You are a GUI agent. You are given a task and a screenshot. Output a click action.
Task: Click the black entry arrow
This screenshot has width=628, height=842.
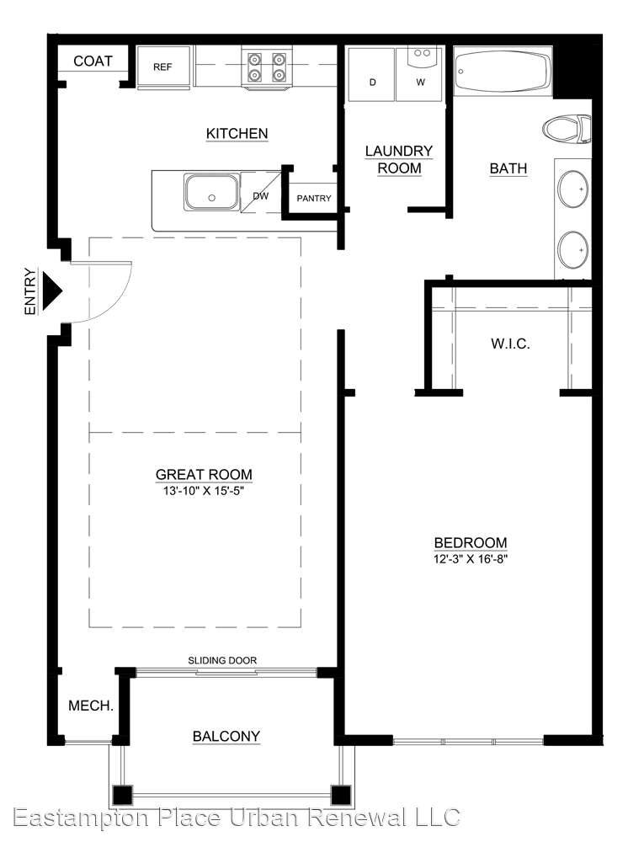(52, 291)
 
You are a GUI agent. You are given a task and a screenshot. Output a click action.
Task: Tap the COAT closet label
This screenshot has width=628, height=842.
(93, 61)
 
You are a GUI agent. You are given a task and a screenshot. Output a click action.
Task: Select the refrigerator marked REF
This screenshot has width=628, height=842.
(163, 66)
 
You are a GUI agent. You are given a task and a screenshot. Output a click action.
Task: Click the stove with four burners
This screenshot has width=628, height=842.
(266, 67)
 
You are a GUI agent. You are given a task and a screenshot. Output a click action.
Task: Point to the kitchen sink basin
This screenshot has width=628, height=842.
(211, 192)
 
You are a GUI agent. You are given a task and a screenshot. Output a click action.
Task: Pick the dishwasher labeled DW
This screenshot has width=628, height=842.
(261, 193)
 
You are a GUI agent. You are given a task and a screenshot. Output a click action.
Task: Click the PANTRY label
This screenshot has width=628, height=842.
(314, 198)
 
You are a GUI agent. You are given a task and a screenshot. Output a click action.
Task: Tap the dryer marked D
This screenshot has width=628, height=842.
(372, 74)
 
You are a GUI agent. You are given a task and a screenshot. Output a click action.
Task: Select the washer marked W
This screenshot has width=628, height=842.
(420, 74)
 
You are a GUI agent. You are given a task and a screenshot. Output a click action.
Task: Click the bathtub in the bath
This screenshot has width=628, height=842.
(503, 72)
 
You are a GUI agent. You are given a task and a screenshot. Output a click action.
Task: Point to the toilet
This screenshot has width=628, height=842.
(567, 129)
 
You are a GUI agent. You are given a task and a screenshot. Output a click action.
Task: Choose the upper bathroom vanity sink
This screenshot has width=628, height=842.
(572, 189)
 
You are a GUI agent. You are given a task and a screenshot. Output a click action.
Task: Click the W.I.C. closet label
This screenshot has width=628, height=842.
(510, 344)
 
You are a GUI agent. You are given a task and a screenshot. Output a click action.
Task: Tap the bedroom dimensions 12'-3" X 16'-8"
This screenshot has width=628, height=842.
(471, 559)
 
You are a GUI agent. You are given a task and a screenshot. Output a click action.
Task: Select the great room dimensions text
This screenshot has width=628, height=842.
(204, 491)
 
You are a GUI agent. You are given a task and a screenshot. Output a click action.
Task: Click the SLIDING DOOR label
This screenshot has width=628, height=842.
(222, 660)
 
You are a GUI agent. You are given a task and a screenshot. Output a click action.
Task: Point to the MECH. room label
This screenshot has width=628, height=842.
(91, 706)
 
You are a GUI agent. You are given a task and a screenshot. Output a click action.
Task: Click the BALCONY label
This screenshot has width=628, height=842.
(226, 736)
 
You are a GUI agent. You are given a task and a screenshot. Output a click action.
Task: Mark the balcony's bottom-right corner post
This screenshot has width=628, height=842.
(340, 795)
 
